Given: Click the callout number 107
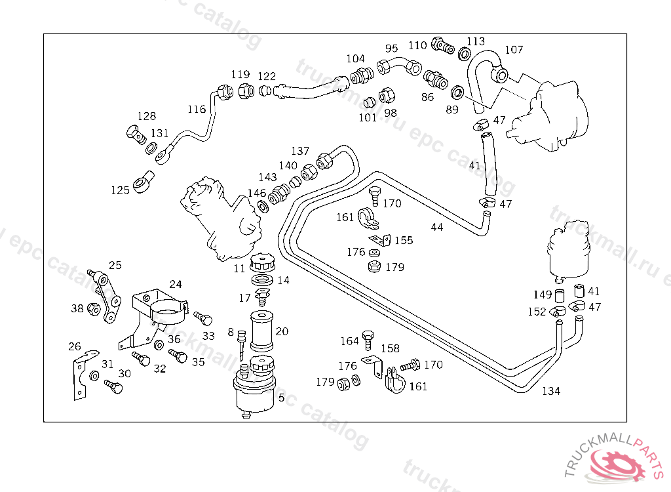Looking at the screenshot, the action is [x=514, y=50].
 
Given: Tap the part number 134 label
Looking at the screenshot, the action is [x=551, y=391].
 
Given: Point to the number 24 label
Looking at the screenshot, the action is [x=176, y=284].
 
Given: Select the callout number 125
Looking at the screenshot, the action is [x=121, y=190].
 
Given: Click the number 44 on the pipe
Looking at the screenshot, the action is [x=437, y=227].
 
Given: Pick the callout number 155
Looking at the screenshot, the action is [x=404, y=240].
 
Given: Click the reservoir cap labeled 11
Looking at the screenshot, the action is [x=262, y=262].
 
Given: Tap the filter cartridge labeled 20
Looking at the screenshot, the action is [x=261, y=331].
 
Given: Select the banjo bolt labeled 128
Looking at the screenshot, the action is [x=136, y=134].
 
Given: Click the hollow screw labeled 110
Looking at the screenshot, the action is [x=442, y=45].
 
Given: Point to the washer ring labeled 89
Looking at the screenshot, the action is [x=457, y=92].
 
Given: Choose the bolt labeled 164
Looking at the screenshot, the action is [x=368, y=340].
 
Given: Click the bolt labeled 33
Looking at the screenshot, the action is [x=203, y=318].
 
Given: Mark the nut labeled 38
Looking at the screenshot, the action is [x=93, y=308].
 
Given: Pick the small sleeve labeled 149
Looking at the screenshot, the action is [x=560, y=296].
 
